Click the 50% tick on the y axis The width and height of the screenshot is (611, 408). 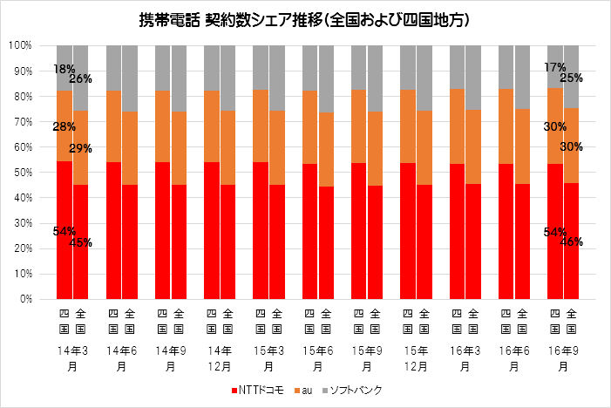pos(22,172)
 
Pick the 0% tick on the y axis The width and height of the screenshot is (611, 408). pos(24,299)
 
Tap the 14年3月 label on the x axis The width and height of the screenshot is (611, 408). pos(72,357)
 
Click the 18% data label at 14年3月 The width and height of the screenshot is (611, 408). pos(64,69)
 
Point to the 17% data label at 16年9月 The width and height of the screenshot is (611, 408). pos(555,67)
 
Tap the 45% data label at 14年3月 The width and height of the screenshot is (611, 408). pos(81,243)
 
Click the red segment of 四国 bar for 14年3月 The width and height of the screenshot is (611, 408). pos(64,262)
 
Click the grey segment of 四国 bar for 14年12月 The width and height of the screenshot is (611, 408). pos(211,68)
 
